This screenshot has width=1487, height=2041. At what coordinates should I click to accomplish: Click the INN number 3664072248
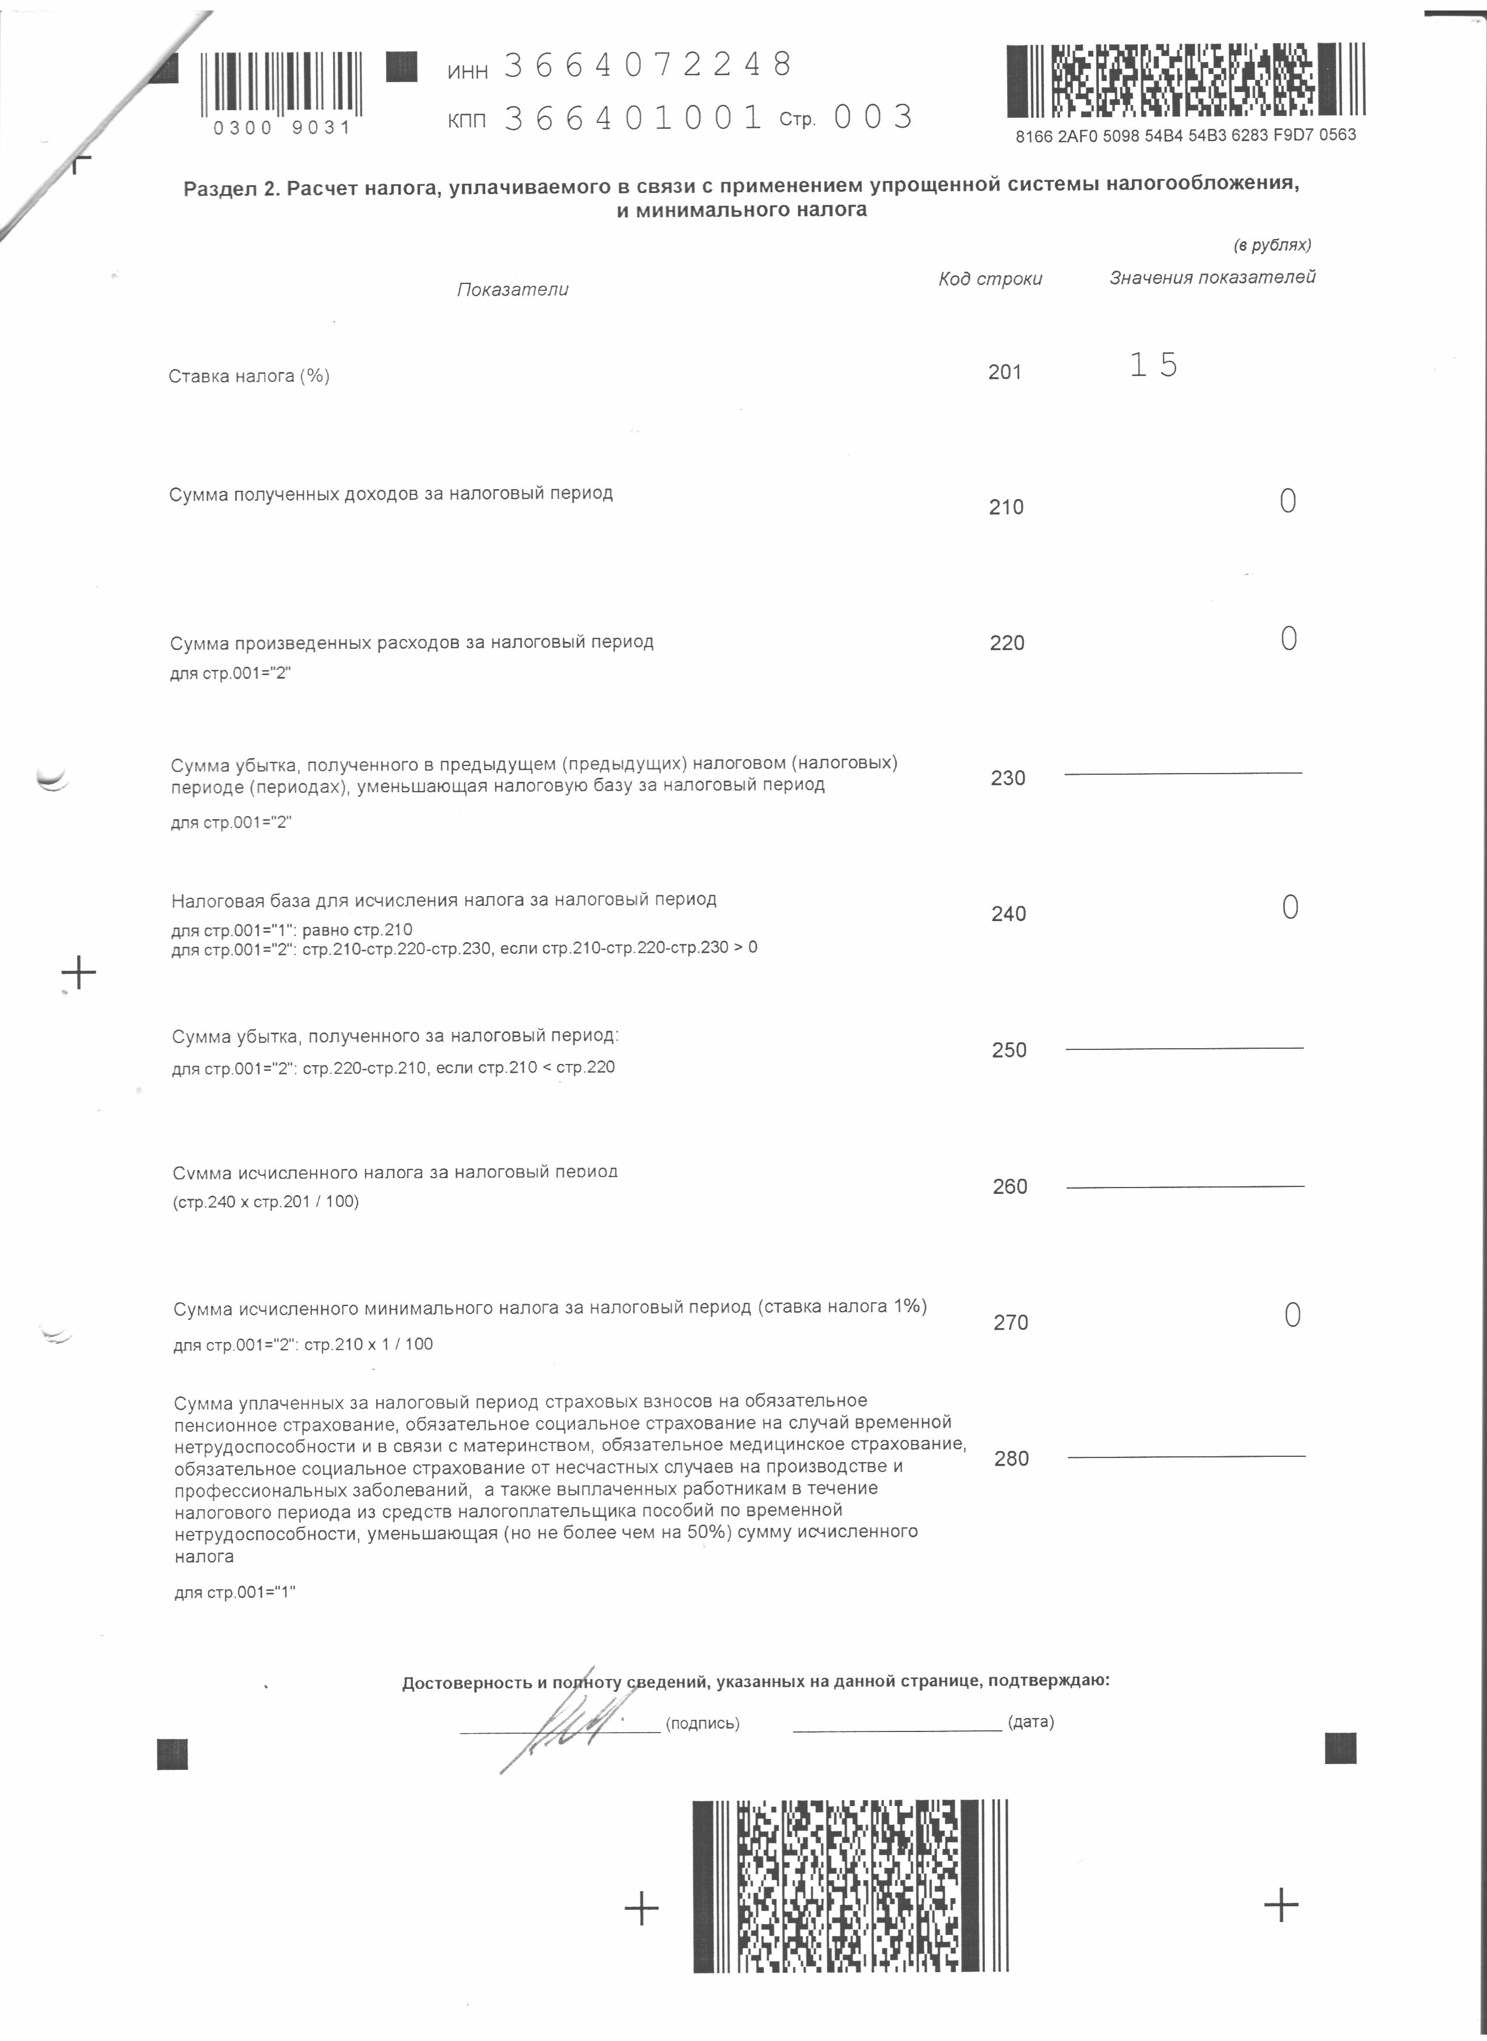point(647,65)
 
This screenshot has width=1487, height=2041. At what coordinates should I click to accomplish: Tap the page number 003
point(872,117)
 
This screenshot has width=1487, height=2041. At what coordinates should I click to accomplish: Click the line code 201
point(1005,373)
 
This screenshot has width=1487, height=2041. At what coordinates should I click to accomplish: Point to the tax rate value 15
point(1153,364)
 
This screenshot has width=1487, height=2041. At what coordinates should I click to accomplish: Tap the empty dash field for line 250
point(1184,1048)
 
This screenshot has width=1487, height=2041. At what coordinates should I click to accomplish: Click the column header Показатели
point(512,290)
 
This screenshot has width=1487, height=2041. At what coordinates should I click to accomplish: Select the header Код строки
point(990,279)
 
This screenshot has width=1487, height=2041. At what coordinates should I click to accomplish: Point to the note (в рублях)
point(1272,245)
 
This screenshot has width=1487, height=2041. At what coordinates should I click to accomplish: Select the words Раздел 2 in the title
point(232,189)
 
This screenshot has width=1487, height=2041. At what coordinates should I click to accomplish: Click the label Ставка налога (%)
point(248,376)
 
